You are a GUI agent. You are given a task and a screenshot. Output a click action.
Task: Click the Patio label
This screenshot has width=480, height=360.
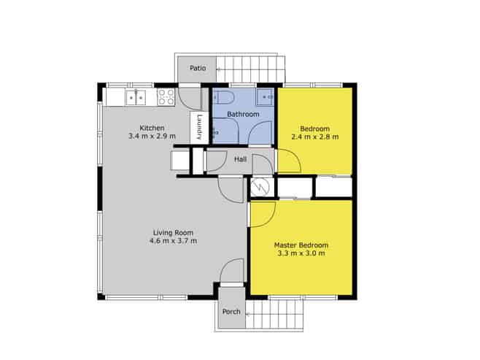(198, 68)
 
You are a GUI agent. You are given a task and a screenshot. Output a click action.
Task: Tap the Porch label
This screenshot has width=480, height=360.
(231, 312)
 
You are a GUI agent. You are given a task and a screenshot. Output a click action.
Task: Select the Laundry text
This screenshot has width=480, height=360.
(200, 127)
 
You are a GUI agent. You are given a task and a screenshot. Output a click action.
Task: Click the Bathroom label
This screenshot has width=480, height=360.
(243, 114)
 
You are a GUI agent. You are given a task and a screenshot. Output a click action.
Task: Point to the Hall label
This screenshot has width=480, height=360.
(240, 159)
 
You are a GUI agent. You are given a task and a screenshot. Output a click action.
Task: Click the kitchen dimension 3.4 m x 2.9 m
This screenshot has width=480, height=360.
(152, 136)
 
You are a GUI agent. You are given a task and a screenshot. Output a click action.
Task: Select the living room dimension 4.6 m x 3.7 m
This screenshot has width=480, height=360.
(173, 241)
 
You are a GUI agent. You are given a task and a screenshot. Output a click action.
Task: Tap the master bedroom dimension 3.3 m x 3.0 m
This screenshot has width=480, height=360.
(301, 253)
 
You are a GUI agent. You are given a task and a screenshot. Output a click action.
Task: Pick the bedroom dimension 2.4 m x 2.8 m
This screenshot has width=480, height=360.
(315, 137)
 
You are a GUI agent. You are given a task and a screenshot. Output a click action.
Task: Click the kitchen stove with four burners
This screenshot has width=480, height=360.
(166, 97)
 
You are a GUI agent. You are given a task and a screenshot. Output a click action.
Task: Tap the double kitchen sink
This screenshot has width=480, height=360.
(136, 97)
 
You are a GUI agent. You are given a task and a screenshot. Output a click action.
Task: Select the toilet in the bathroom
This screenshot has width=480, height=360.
(223, 97)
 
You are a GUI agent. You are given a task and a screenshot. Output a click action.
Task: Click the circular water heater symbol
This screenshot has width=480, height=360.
(260, 187)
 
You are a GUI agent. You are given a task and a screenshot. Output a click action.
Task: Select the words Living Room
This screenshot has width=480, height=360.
(173, 232)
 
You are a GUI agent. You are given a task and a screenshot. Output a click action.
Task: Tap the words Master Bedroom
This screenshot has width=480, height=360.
(301, 245)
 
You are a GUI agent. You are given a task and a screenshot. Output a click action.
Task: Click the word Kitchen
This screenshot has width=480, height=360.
(152, 128)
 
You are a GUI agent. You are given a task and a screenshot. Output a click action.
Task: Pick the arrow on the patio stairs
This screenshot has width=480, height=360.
(219, 69)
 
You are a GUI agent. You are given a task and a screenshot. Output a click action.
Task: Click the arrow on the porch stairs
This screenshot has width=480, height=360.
(248, 314)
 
